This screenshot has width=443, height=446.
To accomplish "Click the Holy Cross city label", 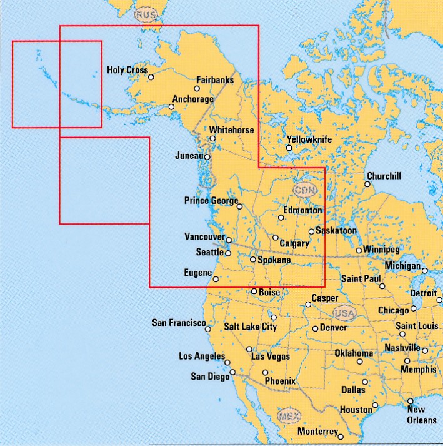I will (x=127, y=70).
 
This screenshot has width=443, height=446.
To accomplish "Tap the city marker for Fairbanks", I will (x=197, y=89).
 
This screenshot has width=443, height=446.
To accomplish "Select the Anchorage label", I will (x=193, y=99).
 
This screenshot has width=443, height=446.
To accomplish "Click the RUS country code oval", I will (x=145, y=15).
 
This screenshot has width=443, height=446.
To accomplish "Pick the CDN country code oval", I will (x=305, y=190).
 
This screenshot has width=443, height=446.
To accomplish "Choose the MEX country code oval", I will (x=289, y=417).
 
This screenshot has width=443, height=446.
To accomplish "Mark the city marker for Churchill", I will (x=367, y=184).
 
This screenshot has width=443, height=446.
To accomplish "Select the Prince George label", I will (x=211, y=201).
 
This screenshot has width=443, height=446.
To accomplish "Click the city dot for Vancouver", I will (x=229, y=240).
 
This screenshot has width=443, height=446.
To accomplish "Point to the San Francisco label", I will (x=179, y=323).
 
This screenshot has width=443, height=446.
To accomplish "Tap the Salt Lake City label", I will (x=250, y=327).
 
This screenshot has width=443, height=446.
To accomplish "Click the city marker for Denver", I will (x=315, y=328).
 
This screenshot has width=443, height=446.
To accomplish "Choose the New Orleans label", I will (x=421, y=415).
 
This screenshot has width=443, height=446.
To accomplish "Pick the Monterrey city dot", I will (x=341, y=433).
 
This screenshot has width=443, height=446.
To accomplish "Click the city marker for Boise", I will (x=254, y=291).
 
